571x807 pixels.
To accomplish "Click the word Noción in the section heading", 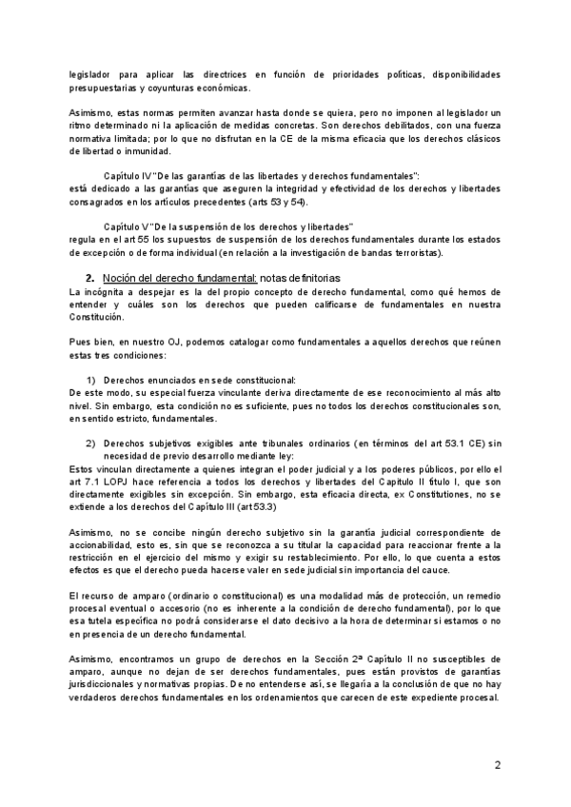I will coord(118,276).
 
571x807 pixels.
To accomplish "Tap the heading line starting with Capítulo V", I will coord(228,226).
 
